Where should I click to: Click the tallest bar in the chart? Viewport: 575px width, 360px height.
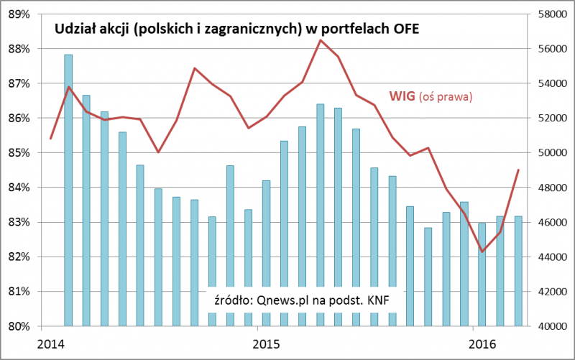[x=68, y=190]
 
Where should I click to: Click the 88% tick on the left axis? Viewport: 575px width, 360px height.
[x=19, y=49]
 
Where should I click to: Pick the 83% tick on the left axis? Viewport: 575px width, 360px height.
[x=19, y=222]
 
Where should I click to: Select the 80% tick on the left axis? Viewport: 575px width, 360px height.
[x=19, y=326]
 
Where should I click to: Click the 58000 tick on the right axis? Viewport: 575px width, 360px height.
[x=551, y=14]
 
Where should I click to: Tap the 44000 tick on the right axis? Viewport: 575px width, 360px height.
[x=551, y=257]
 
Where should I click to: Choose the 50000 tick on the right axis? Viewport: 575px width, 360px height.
[x=551, y=153]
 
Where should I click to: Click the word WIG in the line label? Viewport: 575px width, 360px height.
[x=402, y=95]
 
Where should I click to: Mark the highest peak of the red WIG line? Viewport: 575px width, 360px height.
[x=321, y=40]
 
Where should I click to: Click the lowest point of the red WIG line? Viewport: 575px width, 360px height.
[x=482, y=251]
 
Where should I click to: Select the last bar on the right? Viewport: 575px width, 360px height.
[x=518, y=271]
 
